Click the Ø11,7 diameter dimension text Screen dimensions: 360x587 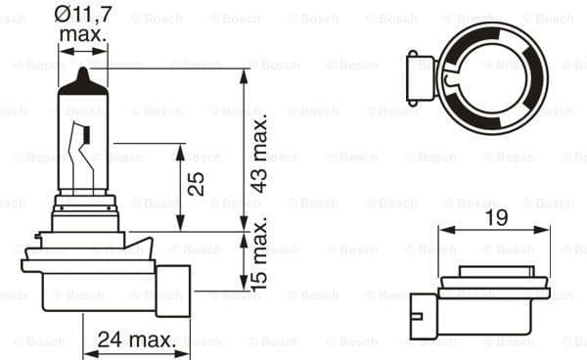click(x=83, y=14)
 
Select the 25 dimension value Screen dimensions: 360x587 click(x=197, y=185)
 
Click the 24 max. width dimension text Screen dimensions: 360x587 click(x=137, y=340)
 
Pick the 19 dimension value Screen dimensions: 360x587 click(x=496, y=219)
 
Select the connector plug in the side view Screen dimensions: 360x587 click(x=173, y=290)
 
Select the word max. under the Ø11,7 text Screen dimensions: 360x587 click(x=83, y=35)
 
